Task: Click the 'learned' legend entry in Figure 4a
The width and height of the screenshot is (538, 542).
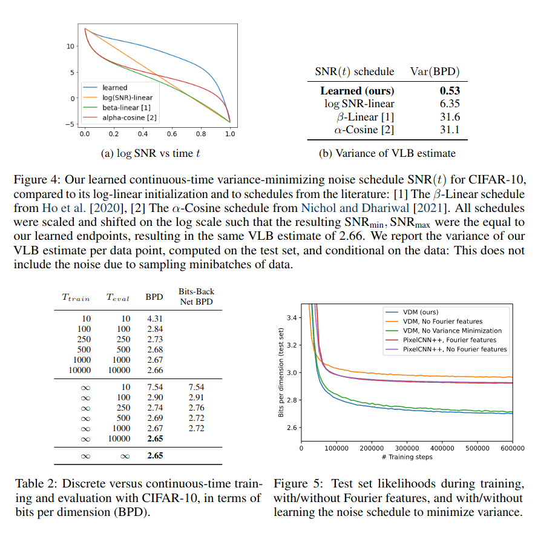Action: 115,88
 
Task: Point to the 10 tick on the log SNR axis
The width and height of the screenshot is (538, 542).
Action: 70,46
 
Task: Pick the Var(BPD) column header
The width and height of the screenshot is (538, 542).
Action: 435,71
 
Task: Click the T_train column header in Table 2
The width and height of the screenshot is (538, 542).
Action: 76,297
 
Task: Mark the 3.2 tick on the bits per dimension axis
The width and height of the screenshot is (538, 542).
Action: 290,345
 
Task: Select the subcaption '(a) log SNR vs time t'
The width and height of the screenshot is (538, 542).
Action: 150,154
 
